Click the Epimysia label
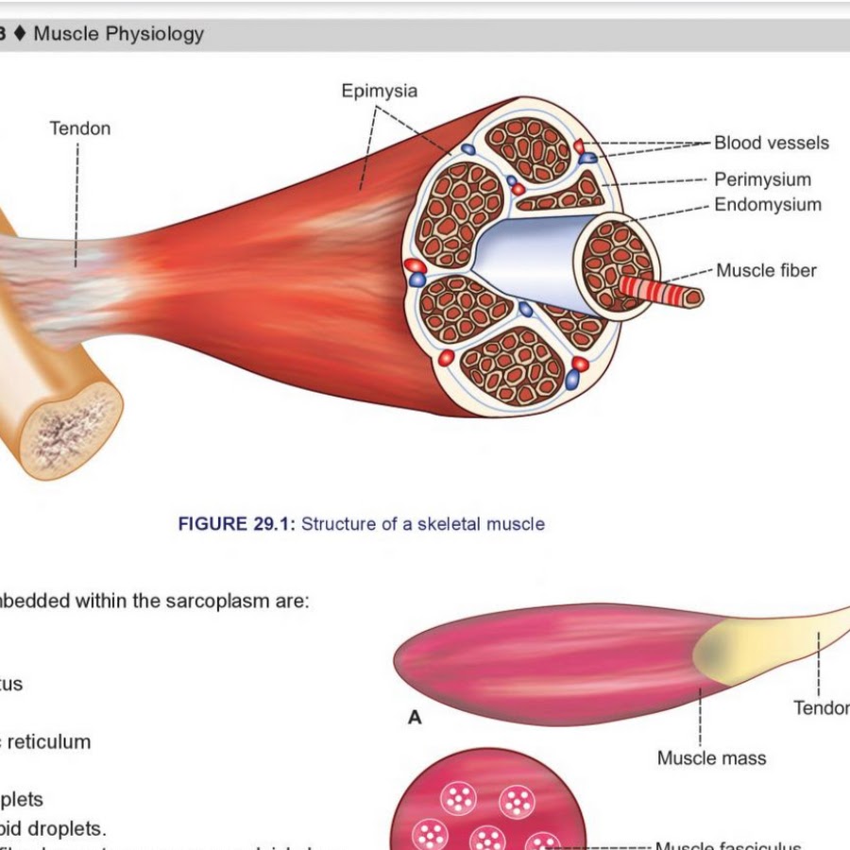tap(379, 92)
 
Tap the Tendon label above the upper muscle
tap(79, 128)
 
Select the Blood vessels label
tap(771, 144)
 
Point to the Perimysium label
tap(762, 179)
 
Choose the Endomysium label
tap(767, 205)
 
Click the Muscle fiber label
tap(766, 271)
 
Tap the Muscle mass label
tap(711, 758)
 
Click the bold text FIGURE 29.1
tap(236, 523)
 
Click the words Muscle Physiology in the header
tap(118, 35)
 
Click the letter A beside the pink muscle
tap(415, 719)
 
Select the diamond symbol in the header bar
tap(20, 35)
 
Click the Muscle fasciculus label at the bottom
tap(727, 843)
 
